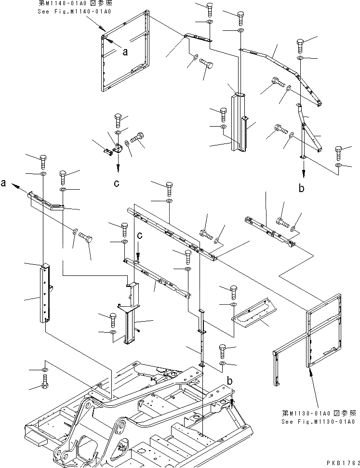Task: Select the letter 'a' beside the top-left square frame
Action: click(x=125, y=53)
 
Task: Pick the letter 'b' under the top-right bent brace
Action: click(x=302, y=188)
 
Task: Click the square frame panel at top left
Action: click(x=125, y=53)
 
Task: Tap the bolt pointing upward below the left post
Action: click(x=44, y=385)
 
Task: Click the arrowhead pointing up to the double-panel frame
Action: click(x=309, y=371)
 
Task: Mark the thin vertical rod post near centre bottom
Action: click(x=201, y=337)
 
